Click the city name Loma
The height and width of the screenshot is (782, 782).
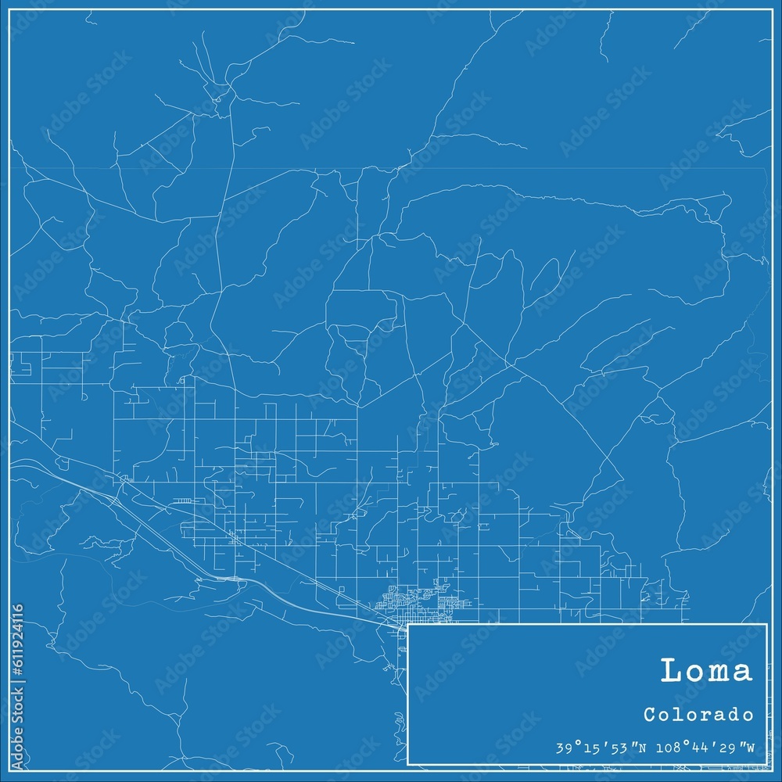(706, 671)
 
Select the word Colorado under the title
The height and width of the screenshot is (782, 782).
(699, 715)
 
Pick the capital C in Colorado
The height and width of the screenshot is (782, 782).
(650, 715)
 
